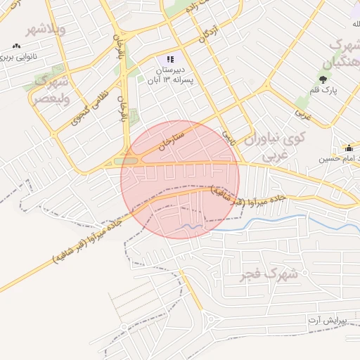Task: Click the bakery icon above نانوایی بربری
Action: click(15, 46)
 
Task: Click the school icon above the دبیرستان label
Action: click(169, 59)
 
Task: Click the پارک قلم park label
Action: click(324, 90)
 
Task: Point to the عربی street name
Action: click(303, 110)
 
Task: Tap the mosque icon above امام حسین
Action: click(347, 148)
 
